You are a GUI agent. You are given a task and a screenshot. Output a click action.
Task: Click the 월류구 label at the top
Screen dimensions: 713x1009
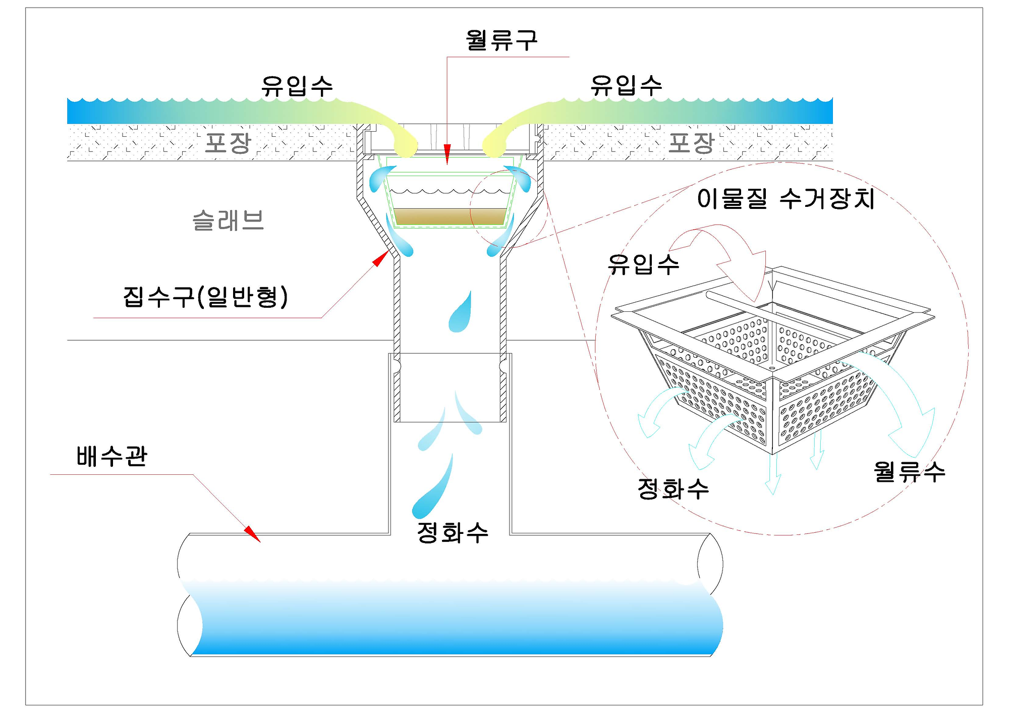click(x=501, y=40)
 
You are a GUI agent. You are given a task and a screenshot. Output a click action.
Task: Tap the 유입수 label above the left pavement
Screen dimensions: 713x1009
click(x=297, y=86)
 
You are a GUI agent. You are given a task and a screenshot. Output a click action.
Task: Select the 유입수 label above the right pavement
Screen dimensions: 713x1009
click(x=626, y=85)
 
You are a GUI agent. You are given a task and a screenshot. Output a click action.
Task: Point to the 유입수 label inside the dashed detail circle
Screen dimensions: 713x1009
click(x=643, y=264)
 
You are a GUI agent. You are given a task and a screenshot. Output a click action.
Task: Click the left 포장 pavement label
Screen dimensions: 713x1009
click(x=228, y=143)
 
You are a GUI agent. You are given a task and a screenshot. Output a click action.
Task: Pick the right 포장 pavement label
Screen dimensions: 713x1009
click(x=691, y=143)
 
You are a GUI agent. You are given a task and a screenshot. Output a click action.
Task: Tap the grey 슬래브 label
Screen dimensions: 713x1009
click(x=228, y=221)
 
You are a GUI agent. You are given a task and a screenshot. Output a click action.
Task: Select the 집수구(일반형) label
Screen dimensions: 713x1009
click(x=205, y=297)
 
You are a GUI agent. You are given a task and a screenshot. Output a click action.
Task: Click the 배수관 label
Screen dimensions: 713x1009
click(x=111, y=456)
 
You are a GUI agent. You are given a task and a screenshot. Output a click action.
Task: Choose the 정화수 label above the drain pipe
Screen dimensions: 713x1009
click(x=453, y=532)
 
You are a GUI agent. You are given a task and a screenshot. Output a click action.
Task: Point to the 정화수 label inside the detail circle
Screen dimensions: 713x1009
click(x=673, y=488)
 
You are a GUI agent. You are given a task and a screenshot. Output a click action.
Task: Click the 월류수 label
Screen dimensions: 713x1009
click(x=909, y=472)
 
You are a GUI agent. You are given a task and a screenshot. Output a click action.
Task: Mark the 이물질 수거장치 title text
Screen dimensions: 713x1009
click(x=786, y=199)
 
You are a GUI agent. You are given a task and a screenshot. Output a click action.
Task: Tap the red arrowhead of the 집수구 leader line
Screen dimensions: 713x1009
click(x=380, y=259)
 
